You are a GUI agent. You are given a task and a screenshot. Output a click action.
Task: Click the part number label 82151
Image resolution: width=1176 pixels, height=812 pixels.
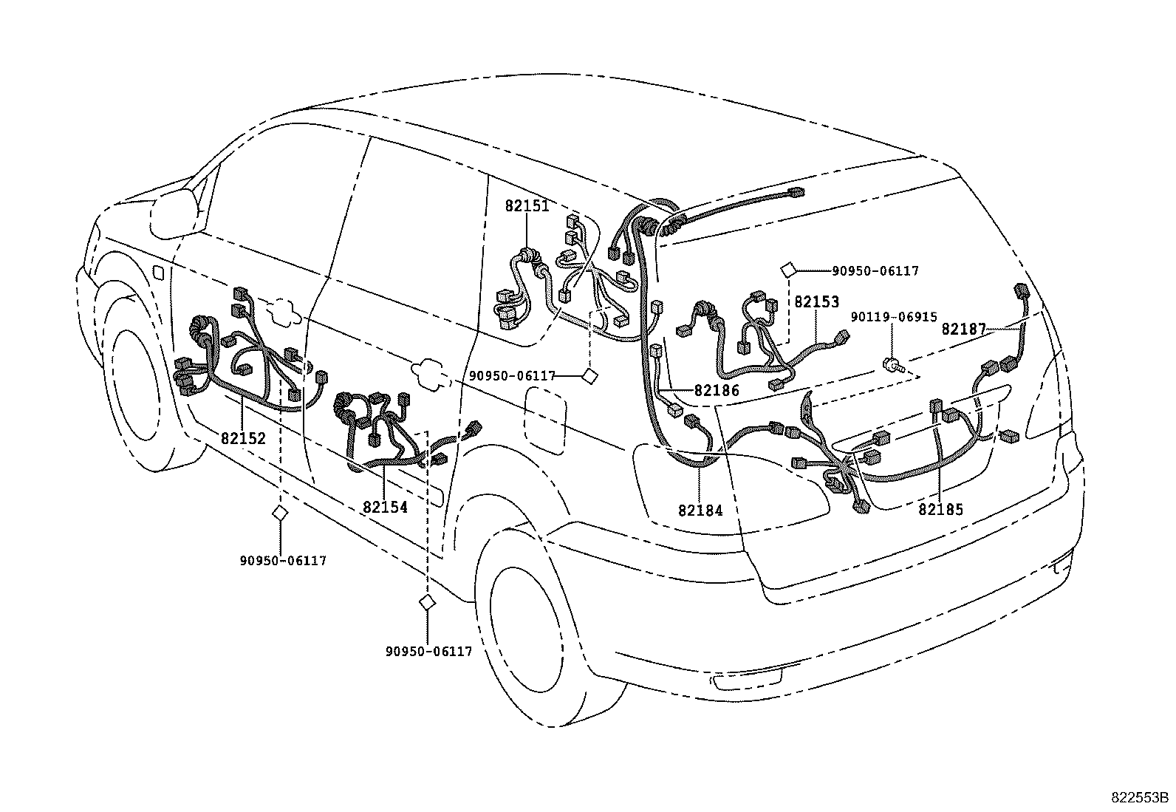click(527, 206)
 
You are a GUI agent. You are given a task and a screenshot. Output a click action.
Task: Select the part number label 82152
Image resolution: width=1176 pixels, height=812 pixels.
click(243, 437)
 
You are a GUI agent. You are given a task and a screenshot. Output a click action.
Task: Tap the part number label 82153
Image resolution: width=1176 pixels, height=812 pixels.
click(817, 301)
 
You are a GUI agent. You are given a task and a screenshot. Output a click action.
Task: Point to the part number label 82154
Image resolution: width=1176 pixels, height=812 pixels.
click(385, 508)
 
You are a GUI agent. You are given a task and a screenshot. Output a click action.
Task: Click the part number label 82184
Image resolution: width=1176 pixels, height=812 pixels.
click(700, 510)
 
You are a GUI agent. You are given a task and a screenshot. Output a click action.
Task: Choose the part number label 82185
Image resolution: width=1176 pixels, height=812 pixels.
click(941, 509)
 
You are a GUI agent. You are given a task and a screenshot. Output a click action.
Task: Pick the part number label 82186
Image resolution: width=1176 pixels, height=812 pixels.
click(716, 391)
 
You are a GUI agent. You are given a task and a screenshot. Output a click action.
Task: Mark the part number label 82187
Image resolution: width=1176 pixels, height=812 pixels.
click(963, 330)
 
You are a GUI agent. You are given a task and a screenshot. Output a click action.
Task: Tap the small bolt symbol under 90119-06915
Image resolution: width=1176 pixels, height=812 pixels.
click(892, 364)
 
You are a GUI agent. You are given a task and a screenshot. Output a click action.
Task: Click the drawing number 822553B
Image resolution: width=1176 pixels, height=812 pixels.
click(1140, 798)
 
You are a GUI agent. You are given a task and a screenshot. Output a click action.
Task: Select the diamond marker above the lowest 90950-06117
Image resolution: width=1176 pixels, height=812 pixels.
click(426, 603)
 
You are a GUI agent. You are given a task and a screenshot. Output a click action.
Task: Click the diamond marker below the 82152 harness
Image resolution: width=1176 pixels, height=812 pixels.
click(279, 514)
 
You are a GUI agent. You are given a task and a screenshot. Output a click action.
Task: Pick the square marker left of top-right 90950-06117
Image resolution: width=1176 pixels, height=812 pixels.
click(788, 270)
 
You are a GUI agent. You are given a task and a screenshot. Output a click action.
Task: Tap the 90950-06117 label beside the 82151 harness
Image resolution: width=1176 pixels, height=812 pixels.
click(512, 376)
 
